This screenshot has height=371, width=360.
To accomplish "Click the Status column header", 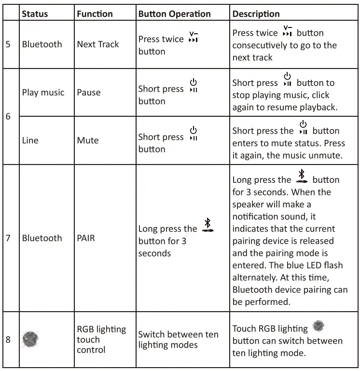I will point(35,14).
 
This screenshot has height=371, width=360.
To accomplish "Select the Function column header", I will point(95,14).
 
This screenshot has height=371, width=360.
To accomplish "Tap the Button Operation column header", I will point(174,14).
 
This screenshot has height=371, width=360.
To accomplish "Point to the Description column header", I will point(256,14).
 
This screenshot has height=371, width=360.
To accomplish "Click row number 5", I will point(8,44).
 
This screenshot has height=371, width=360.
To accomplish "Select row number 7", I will point(8,238).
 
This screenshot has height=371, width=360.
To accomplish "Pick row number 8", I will point(8,340).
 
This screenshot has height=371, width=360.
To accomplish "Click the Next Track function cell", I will point(98,44).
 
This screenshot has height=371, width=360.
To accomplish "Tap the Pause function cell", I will point(89,92).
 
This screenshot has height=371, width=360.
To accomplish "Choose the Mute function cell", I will point(88,140).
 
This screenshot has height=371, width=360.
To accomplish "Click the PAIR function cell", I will point(86,238).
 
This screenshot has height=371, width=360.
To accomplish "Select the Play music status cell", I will point(43,92).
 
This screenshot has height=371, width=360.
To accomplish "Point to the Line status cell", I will point(30,140).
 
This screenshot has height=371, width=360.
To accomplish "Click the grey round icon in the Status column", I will point(30,340).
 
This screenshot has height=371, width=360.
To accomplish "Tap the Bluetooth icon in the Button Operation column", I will point(208,225).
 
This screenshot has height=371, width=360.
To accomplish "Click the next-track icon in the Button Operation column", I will point(194,37).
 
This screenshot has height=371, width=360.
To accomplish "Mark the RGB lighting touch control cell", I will point(101,339).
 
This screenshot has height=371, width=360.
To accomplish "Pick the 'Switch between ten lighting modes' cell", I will point(178,339).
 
